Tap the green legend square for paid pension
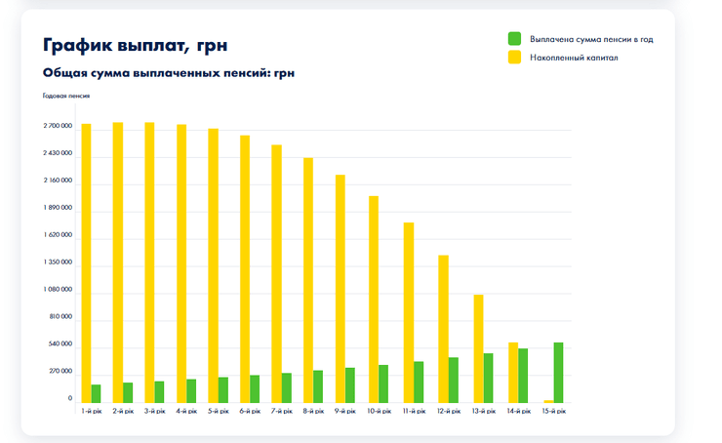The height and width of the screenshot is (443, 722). tap(514, 39)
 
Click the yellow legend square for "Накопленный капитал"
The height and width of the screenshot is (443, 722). tap(514, 59)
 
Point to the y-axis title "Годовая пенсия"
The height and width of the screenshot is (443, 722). tap(66, 96)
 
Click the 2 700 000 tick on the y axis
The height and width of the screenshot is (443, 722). tap(58, 127)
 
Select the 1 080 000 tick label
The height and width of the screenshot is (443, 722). tap(58, 290)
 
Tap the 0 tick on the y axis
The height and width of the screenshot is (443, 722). tap(69, 398)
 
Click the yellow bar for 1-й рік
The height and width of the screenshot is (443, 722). tap(86, 263)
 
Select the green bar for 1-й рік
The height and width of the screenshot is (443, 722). tap(97, 393)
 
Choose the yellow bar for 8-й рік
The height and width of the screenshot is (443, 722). tap(308, 280)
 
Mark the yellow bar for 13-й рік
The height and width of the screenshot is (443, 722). tap(478, 348)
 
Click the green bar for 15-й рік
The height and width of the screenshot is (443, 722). tap(558, 373)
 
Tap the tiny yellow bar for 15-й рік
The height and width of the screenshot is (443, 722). tap(548, 401)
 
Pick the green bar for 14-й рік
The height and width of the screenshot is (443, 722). tap(523, 376)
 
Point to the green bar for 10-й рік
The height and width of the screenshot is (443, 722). tap(383, 383)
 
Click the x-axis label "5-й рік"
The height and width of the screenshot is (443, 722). tap(219, 412)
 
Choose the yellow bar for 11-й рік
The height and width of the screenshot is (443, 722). tap(409, 312)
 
